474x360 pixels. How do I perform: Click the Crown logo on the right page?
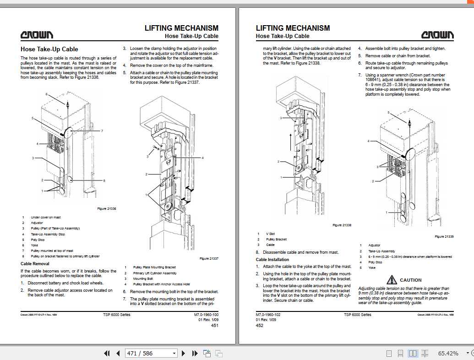click(x=438, y=35)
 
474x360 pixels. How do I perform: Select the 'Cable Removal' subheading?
click(x=35, y=263)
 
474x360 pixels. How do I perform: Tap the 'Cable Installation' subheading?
click(x=272, y=260)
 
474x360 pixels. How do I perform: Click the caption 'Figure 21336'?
click(x=107, y=209)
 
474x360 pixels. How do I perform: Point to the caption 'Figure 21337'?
click(x=209, y=259)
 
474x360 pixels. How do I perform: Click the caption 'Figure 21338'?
click(x=342, y=225)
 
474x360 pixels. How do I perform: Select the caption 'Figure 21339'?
click(x=444, y=236)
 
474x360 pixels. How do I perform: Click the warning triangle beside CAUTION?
click(x=392, y=279)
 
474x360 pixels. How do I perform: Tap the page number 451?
click(x=214, y=326)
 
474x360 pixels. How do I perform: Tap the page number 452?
click(x=259, y=326)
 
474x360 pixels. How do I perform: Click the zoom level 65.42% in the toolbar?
click(x=448, y=353)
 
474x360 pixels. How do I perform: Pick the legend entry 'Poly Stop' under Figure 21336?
click(x=38, y=240)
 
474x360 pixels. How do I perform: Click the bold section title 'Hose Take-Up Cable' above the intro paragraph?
click(x=49, y=49)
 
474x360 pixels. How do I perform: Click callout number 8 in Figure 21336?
click(x=104, y=181)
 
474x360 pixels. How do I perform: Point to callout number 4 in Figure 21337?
click(x=202, y=158)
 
